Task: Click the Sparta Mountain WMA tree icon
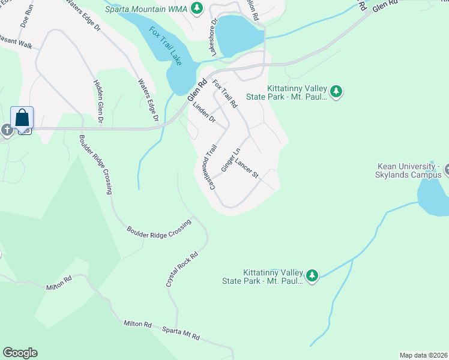click(196, 8)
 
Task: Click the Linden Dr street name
click(203, 112)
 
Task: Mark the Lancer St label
click(246, 168)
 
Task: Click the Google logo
click(20, 353)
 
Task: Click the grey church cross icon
click(7, 130)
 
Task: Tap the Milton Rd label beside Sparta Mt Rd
click(137, 323)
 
